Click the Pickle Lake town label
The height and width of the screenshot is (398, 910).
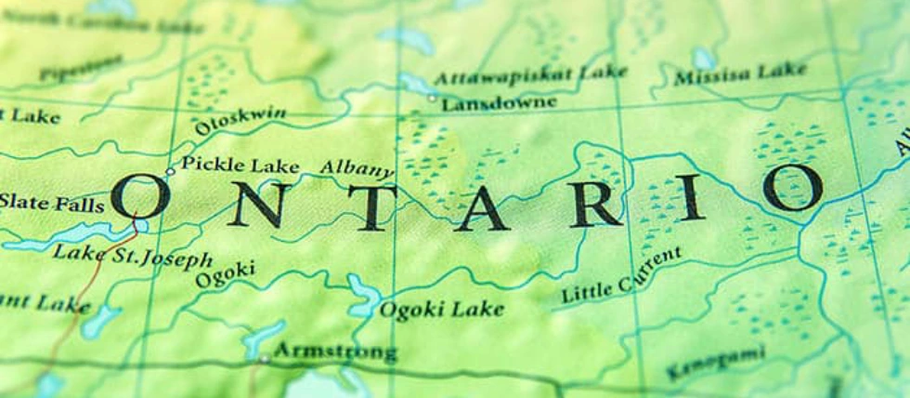tap(240, 166)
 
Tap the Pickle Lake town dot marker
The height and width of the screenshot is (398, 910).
tap(170, 171)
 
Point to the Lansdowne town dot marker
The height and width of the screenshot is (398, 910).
tap(432, 97)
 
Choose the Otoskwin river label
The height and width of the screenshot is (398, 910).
tap(240, 120)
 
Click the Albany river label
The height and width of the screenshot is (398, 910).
tap(357, 168)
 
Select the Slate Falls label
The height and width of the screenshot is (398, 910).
tap(51, 202)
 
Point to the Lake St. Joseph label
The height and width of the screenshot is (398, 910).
tap(132, 254)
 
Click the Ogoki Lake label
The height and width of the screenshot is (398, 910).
tap(442, 308)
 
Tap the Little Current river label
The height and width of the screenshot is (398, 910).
tap(621, 275)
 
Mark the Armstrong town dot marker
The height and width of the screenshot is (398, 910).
tap(265, 358)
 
